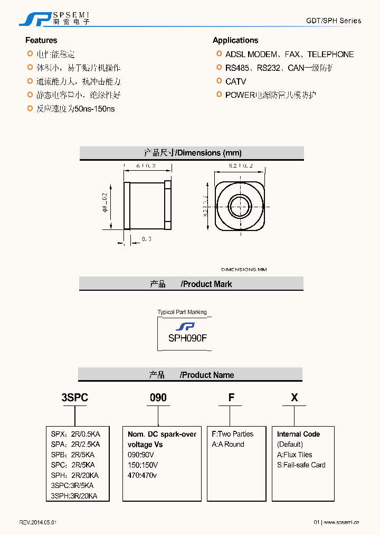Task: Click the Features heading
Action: tap(41, 40)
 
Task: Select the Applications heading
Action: tap(235, 40)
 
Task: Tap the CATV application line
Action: tap(235, 81)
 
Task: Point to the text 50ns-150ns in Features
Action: tap(95, 109)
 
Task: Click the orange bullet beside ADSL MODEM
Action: tap(219, 54)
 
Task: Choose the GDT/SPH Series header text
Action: tap(334, 21)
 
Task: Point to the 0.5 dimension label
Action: tap(147, 239)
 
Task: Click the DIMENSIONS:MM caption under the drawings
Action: tap(244, 270)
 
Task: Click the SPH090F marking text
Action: tap(187, 338)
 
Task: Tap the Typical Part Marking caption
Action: tap(182, 312)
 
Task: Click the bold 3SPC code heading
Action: tap(75, 398)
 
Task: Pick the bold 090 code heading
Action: tap(158, 398)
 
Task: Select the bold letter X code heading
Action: tap(294, 398)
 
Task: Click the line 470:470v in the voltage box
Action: tap(142, 475)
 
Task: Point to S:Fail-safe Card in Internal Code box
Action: tap(301, 465)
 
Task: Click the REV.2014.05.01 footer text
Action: tap(38, 522)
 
